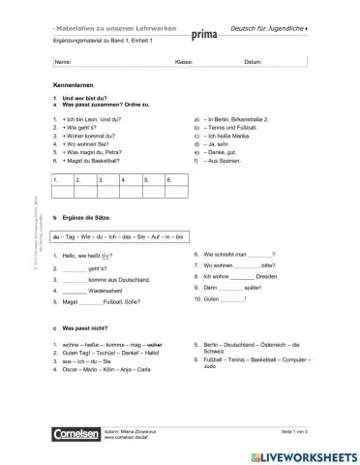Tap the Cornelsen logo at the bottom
pos(76,437)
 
